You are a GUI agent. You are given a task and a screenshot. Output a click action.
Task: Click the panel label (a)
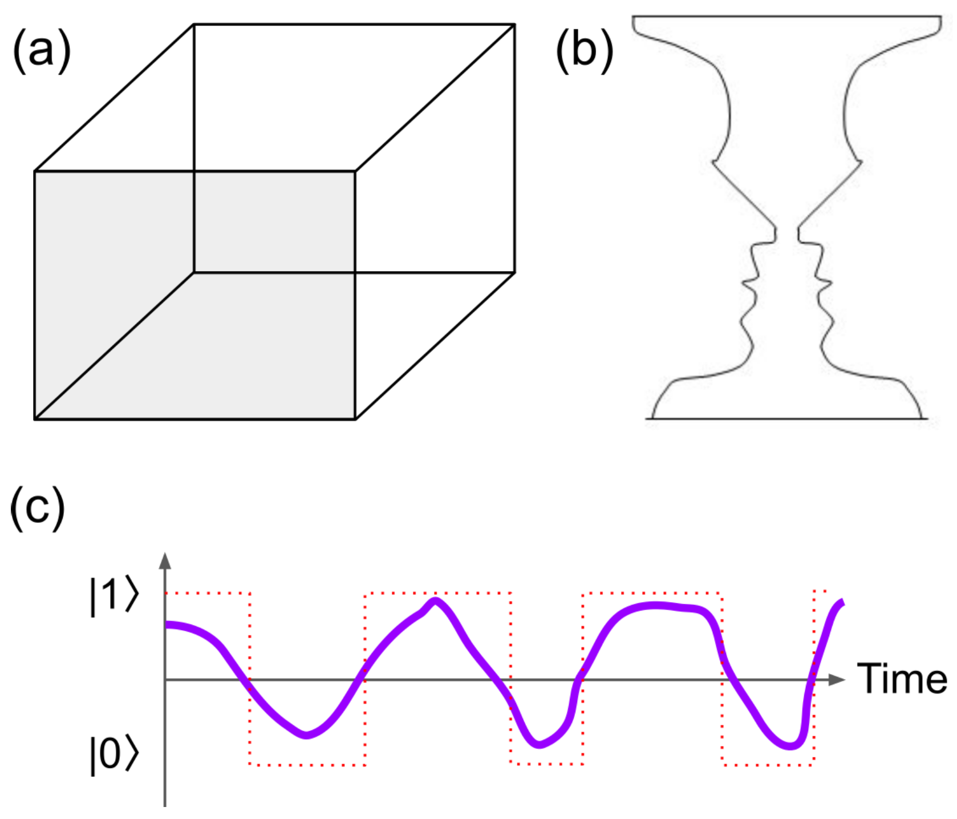pyautogui.click(x=42, y=51)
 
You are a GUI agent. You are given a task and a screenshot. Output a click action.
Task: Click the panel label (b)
pyautogui.click(x=585, y=51)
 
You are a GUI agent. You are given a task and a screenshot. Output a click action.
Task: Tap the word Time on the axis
pyautogui.click(x=902, y=679)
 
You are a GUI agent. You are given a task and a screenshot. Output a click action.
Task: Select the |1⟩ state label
pyautogui.click(x=114, y=596)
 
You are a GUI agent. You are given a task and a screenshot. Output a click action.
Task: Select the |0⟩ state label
pyautogui.click(x=114, y=755)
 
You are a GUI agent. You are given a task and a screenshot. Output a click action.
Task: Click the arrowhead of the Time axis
pyautogui.click(x=837, y=680)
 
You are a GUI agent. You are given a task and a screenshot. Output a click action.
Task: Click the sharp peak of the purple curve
pyautogui.click(x=436, y=600)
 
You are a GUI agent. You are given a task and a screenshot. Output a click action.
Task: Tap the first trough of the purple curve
pyautogui.click(x=306, y=735)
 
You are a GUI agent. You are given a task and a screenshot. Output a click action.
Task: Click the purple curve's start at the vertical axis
pyautogui.click(x=167, y=625)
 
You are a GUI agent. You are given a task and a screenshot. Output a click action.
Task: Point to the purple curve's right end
pyautogui.click(x=841, y=602)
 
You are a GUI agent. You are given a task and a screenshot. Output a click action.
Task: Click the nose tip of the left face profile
pyautogui.click(x=743, y=283)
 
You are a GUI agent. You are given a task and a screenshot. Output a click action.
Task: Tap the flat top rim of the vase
pyautogui.click(x=787, y=17)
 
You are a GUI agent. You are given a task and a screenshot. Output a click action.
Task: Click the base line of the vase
pyautogui.click(x=787, y=419)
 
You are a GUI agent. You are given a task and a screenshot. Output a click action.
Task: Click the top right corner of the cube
pyautogui.click(x=514, y=25)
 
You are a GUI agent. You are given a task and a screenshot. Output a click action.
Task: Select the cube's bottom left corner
pyautogui.click(x=35, y=419)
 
